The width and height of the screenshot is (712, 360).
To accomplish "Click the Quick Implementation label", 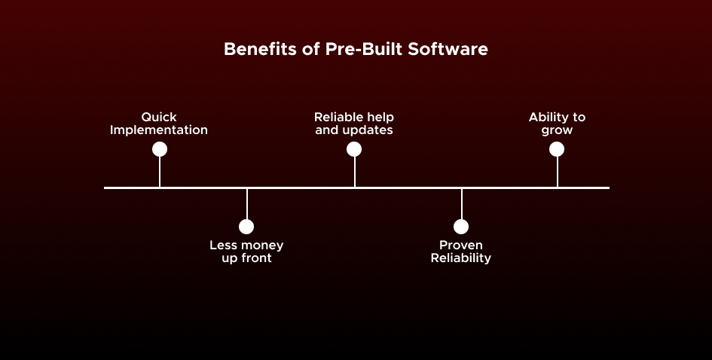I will pos(159,124).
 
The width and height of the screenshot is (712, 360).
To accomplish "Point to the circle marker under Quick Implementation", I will pos(159,149).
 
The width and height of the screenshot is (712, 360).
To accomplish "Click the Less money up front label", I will pos(246,252).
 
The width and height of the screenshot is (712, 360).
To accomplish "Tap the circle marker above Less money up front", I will pos(246,227).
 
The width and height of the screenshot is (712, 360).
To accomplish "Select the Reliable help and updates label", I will pos(354,124).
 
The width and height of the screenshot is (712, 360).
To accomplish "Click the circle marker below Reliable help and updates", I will pos(354,149).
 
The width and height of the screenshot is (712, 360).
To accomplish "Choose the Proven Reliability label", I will pos(461,252).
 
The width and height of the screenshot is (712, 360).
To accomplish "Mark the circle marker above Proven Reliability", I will pos(461,227).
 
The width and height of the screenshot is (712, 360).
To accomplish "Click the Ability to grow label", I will pos(557,124).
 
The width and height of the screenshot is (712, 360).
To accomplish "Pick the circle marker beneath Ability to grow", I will pos(557,149).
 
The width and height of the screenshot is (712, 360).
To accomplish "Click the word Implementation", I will pos(159,130).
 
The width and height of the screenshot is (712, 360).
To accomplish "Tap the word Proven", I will pos(461,246).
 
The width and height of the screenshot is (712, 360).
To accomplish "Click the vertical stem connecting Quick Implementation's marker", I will pos(159,172).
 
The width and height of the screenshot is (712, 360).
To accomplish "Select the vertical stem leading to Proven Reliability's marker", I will pos(461,203).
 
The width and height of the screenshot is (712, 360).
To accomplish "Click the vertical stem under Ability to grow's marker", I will pos(557,172).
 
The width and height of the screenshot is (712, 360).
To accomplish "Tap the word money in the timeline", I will pos(262,246).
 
